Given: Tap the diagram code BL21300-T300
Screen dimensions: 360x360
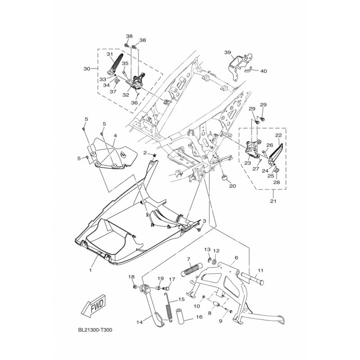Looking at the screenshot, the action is click(95, 330).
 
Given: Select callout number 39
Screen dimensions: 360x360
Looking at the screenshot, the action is click(228, 52).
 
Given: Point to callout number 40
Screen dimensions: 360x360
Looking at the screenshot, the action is click(264, 71).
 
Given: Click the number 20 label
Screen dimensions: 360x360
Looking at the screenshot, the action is click(232, 186).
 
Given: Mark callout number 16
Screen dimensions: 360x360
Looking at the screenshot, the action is click(199, 317).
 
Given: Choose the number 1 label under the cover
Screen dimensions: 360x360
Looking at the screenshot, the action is click(90, 270).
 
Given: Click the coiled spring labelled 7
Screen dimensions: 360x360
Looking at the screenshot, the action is click(192, 270).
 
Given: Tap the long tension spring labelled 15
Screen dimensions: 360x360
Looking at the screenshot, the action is click(168, 307).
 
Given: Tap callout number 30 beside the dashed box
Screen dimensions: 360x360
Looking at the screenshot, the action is click(87, 68).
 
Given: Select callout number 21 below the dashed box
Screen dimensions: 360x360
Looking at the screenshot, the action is click(273, 201).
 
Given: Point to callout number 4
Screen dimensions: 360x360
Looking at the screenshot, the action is click(115, 136).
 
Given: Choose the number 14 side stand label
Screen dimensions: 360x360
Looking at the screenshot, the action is click(139, 322).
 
